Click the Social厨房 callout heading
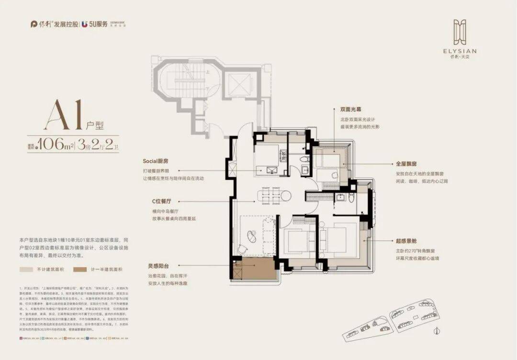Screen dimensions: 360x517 (157, 161)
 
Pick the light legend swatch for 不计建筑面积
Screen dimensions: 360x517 (26, 270)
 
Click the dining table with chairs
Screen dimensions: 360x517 (273, 195)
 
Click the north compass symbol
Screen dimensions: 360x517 (438, 330)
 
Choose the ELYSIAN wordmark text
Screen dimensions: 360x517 (463, 51)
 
